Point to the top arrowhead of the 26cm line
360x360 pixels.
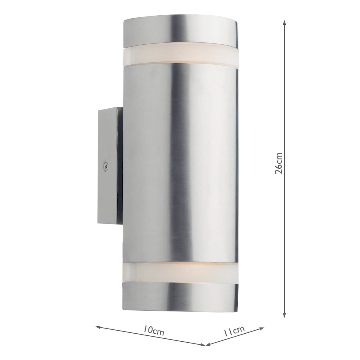(284, 22)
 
